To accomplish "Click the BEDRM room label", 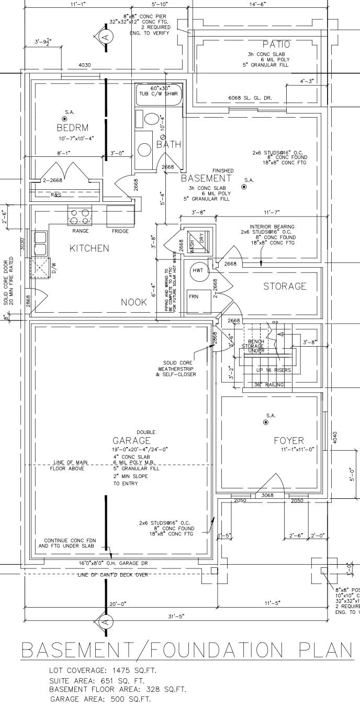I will coord(72,128).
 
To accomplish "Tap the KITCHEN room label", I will coord(89,248).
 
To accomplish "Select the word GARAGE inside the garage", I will coord(131,441).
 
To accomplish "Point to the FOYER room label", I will coord(289,441).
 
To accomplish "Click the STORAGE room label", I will coord(285,287).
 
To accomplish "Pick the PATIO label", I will coord(276,45).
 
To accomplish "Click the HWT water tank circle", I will coord(198,270).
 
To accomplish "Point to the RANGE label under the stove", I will coord(81,231).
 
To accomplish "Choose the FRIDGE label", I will coord(120,231).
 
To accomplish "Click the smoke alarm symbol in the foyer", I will coord(265,422).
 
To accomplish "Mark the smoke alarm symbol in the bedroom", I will coord(65,119).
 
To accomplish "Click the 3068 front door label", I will coord(267,495).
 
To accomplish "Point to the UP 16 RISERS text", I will coord(273,370).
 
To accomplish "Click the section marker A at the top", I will coord(105,37).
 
